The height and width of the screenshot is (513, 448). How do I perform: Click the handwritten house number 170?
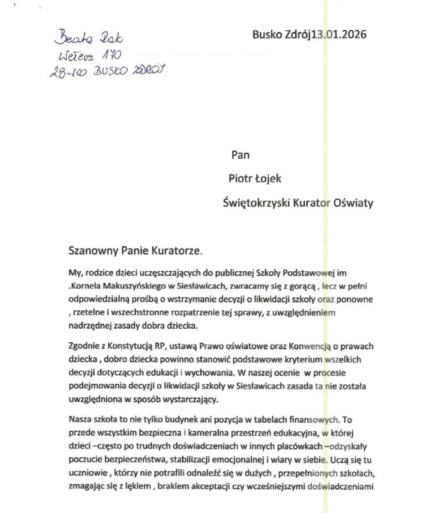click(x=111, y=56)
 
